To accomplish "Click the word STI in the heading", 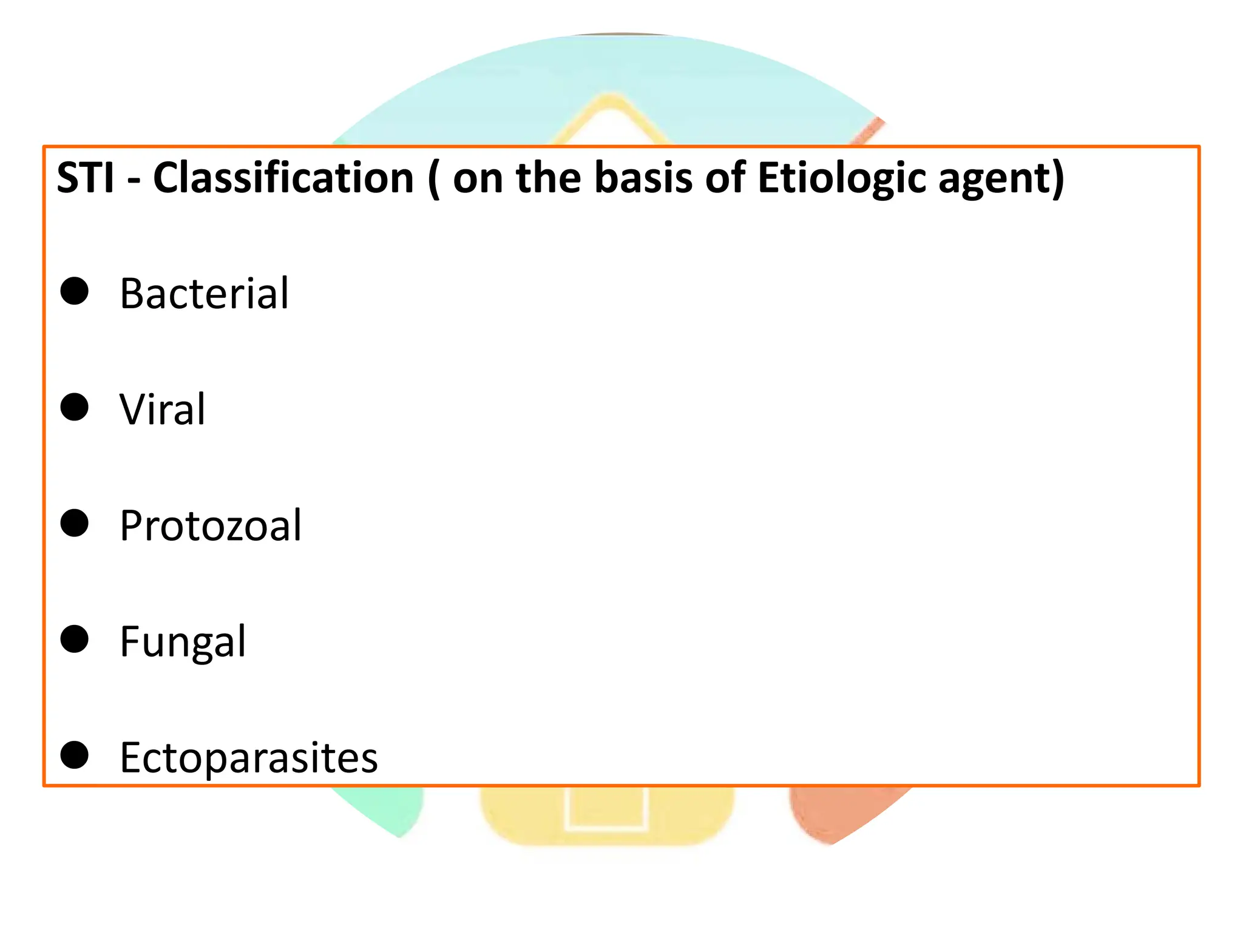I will (85, 178).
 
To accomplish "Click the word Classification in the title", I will (283, 178).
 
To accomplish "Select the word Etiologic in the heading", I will (841, 178).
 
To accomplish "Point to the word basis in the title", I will (643, 178).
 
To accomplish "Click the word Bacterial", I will (204, 293).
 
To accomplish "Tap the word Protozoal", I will (210, 525).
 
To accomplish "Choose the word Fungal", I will (183, 641).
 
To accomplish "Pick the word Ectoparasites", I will (249, 757).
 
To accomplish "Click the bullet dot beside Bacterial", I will (75, 291).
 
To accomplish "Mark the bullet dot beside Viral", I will (75, 407).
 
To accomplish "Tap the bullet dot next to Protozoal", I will (75, 523).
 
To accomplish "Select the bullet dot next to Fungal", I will (75, 639).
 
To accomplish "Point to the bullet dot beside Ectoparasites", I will (75, 755).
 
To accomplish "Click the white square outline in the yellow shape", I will (606, 828).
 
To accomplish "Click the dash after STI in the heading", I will (134, 181).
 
